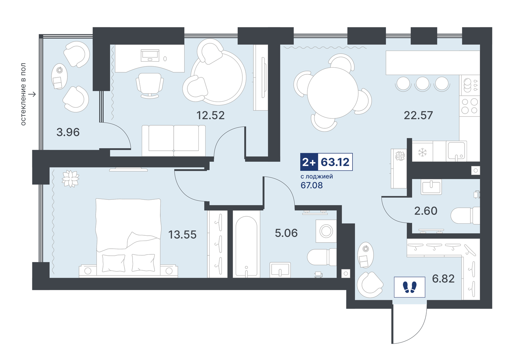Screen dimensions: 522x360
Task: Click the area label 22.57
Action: [418, 115]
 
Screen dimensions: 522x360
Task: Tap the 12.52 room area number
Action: [210, 115]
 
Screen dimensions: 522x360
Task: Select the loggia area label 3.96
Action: [68, 132]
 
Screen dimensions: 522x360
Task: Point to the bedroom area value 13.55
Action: [182, 235]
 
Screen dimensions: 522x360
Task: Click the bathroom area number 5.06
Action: [286, 233]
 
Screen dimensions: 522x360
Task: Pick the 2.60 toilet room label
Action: [426, 211]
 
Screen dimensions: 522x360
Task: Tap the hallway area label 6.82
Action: [443, 279]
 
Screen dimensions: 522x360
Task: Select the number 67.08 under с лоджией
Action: [312, 185]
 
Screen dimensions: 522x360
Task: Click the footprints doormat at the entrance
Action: [409, 287]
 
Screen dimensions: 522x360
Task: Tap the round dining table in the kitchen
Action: [333, 93]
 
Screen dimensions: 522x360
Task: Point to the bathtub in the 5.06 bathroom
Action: [246, 247]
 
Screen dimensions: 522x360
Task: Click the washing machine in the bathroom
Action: [326, 231]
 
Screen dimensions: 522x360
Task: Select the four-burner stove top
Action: [470, 106]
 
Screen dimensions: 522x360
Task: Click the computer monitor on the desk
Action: [150, 55]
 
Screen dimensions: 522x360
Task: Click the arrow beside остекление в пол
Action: [32, 94]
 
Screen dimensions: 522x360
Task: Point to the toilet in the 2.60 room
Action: [465, 216]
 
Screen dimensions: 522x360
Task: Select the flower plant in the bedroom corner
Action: [70, 179]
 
